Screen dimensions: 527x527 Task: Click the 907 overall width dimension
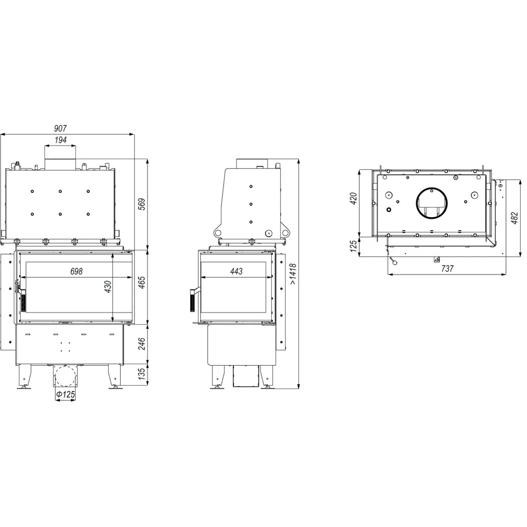click(61, 129)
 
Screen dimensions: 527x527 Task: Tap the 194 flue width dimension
click(61, 140)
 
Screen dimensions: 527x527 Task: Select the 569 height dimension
click(142, 204)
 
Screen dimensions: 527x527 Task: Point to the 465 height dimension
click(142, 282)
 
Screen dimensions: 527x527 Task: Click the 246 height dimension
click(142, 344)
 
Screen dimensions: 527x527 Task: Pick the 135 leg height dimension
click(142, 374)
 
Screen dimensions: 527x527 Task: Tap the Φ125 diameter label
click(65, 394)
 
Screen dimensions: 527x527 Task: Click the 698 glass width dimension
click(76, 271)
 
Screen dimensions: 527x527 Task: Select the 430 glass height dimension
click(108, 287)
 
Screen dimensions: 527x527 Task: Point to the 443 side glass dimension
click(236, 271)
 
